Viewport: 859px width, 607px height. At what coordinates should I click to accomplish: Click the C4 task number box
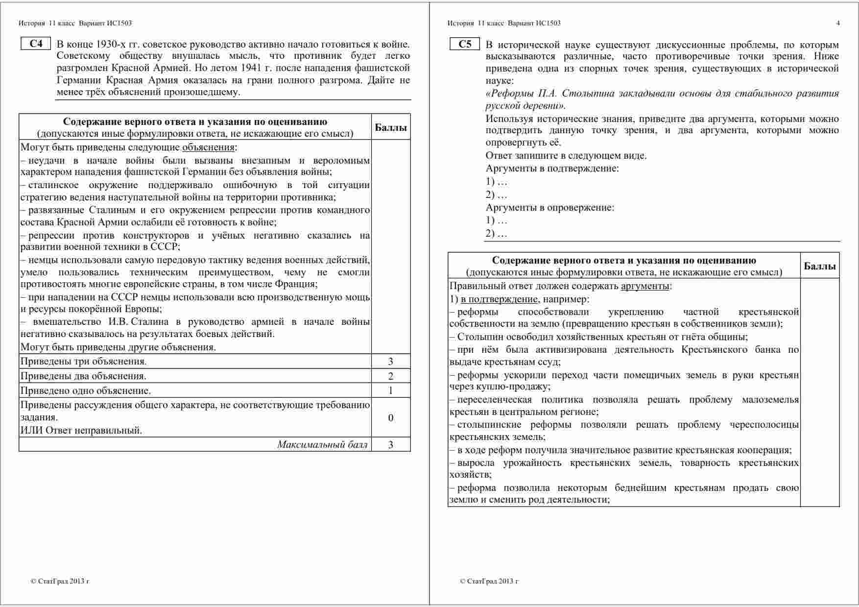point(36,44)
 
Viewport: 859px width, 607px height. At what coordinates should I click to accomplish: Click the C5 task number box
point(465,44)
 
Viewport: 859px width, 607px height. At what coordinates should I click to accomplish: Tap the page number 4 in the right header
point(838,23)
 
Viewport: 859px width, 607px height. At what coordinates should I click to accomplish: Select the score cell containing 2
point(390,376)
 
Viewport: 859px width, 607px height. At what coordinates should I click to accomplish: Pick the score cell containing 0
point(390,417)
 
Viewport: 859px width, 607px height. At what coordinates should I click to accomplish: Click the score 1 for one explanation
point(390,390)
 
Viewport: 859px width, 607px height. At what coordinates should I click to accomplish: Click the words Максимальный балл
point(322,444)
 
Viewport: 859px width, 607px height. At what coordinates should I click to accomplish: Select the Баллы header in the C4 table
point(390,127)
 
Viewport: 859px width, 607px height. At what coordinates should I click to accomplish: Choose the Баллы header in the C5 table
point(819,266)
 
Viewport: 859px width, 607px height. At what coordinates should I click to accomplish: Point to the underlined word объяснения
point(208,147)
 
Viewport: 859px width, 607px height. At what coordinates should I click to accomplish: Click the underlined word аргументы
point(645,286)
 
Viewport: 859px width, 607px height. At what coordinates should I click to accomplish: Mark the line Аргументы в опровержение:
point(549,207)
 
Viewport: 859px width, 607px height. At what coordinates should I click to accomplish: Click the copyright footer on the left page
point(60,582)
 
